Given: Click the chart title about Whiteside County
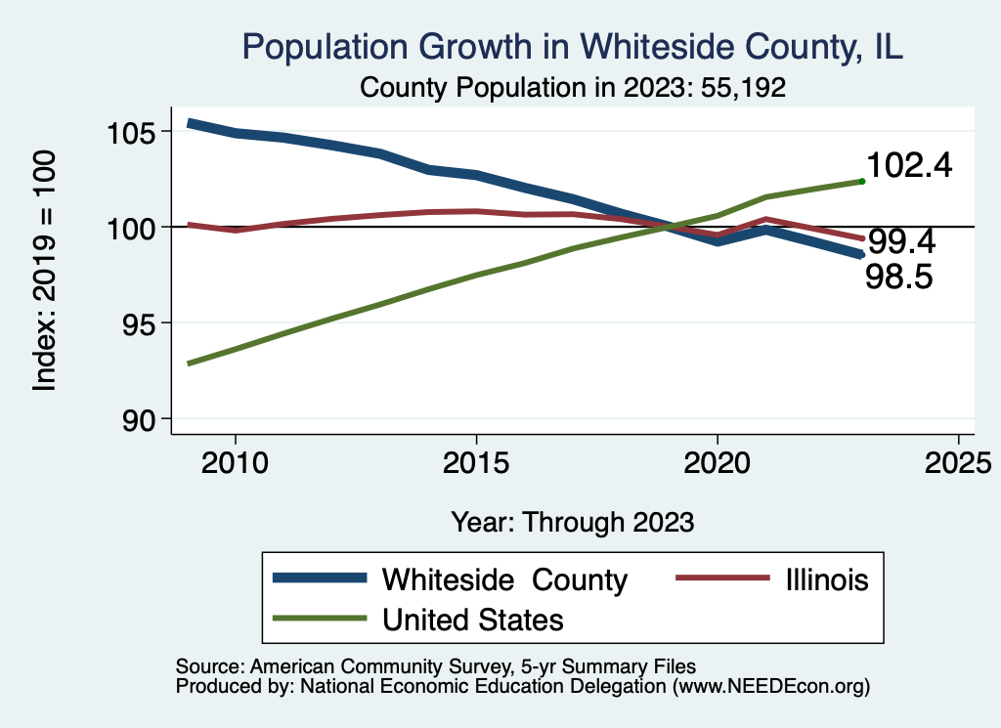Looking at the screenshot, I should [x=572, y=47].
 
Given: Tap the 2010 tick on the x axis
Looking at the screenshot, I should [x=235, y=461].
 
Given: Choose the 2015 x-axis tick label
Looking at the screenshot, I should [x=476, y=461].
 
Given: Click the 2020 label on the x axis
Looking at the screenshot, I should [x=718, y=461].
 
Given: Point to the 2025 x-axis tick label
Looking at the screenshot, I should [x=958, y=461].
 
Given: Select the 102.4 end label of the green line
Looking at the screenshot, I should [x=909, y=165].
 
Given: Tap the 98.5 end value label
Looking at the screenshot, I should [x=899, y=278].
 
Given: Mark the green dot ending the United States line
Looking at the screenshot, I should [x=861, y=181].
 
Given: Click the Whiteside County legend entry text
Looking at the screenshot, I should [x=504, y=579].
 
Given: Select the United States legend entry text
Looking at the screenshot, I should [x=472, y=620].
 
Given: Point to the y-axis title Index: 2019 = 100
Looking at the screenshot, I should [x=45, y=271].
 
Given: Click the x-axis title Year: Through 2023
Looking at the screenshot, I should [x=573, y=521].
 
